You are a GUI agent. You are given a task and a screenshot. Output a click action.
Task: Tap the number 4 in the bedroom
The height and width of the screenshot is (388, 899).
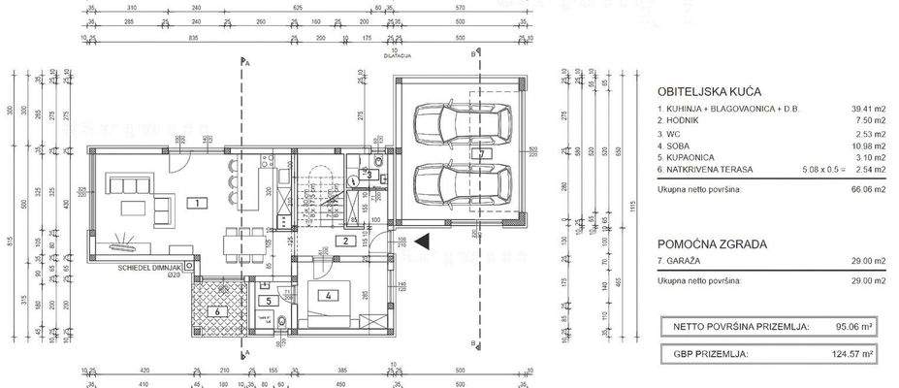pyautogui.click(x=330, y=296)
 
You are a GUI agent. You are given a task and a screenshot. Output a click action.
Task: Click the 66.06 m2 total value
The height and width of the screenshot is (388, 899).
pyautogui.click(x=868, y=191)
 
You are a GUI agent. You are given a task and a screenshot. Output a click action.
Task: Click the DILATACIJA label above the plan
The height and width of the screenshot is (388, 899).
pyautogui.click(x=397, y=56)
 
